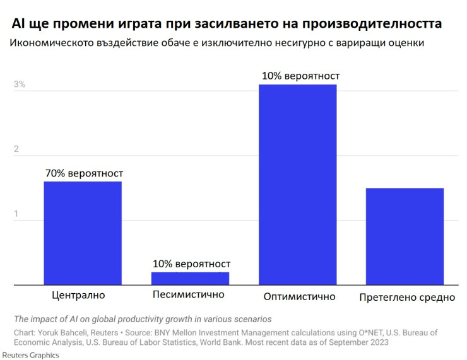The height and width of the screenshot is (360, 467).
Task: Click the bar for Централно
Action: tap(83, 233)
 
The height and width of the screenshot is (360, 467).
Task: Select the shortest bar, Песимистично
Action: tap(191, 278)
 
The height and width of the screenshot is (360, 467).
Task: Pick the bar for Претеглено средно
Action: tap(405, 236)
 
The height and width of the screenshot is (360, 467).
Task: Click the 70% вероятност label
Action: tap(84, 173)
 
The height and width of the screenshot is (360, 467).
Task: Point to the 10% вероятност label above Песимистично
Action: tap(191, 264)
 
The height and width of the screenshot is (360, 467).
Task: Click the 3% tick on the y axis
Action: tap(20, 84)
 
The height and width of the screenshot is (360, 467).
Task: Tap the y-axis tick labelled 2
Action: tap(17, 149)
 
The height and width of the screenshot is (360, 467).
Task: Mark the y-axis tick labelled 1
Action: tap(17, 214)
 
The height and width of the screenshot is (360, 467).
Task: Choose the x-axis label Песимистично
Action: tap(188, 294)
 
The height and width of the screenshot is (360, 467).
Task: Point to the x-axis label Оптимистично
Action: tap(299, 296)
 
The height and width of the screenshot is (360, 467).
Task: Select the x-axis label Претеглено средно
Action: tap(406, 297)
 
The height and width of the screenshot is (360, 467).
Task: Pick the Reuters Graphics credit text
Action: tap(30, 355)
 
